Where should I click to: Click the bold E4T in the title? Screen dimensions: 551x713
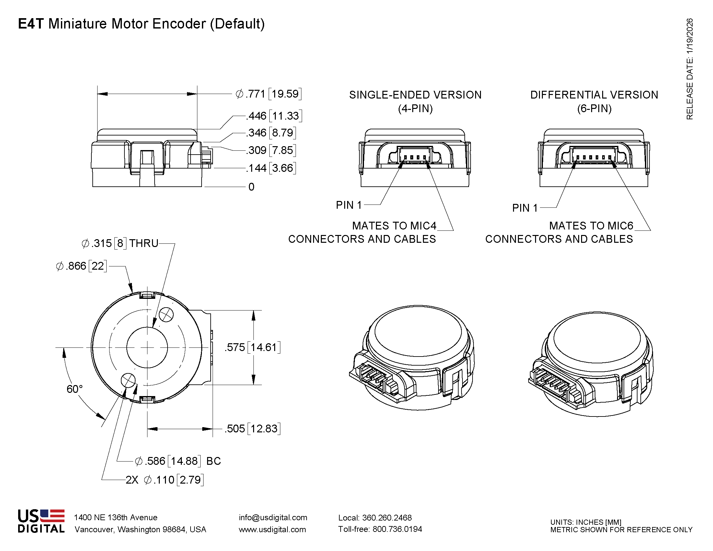coord(31,24)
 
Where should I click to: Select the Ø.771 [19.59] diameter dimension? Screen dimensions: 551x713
coord(268,94)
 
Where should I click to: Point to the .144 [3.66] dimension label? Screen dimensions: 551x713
coord(271,168)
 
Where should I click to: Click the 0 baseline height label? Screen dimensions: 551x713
coord(251,187)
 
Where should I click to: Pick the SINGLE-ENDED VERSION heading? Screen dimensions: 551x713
coord(415,95)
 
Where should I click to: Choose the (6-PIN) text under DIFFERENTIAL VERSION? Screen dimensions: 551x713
coord(594,108)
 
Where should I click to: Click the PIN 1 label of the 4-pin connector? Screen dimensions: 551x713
coord(349,205)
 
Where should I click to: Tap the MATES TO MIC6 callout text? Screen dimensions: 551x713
coord(591,226)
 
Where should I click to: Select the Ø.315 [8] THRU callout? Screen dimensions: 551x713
coord(120,243)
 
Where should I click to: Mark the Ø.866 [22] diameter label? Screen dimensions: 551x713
coord(81,266)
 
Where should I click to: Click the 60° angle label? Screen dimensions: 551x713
coord(75,389)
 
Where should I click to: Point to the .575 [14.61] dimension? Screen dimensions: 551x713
coord(252,347)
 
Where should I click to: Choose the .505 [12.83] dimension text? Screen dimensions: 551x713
coord(252,428)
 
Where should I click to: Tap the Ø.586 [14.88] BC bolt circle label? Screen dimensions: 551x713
coord(178,461)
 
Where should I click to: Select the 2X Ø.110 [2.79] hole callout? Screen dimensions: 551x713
coord(165,480)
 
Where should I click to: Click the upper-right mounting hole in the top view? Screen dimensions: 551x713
coord(166,315)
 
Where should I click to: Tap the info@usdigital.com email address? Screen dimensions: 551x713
coord(273,518)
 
